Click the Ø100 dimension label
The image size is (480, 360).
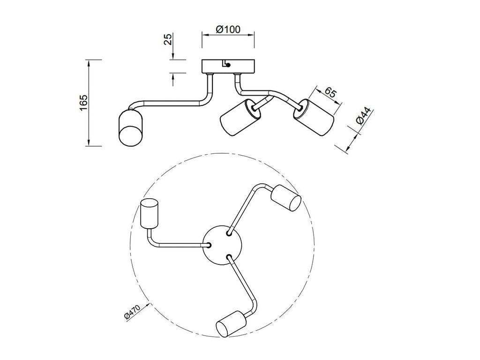[228, 30]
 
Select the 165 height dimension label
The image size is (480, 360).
[83, 103]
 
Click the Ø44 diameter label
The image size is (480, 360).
[363, 116]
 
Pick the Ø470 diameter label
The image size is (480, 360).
[132, 312]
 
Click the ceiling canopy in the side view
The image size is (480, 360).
[228, 66]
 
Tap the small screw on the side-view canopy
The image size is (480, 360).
[228, 65]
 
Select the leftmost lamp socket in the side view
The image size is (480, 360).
[130, 127]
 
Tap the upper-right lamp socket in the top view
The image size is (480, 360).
[286, 198]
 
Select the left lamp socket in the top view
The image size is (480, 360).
[149, 214]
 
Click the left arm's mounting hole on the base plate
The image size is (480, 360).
[210, 245]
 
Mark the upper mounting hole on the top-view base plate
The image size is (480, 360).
[229, 233]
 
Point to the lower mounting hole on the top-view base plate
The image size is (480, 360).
[229, 256]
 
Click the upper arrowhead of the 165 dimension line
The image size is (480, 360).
[89, 63]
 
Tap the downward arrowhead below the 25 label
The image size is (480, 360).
[173, 56]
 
